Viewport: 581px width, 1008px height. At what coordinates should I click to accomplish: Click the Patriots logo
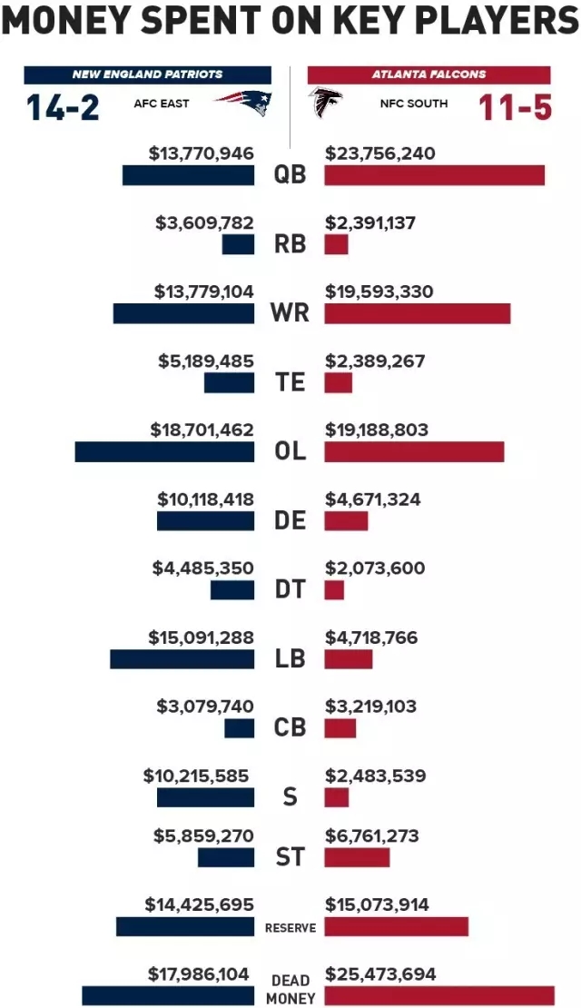coord(243,103)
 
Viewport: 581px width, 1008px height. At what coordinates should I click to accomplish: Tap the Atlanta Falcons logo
coord(325,104)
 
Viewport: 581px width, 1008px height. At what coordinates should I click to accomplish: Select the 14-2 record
coord(63,107)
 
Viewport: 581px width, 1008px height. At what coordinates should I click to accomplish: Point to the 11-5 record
coord(515,107)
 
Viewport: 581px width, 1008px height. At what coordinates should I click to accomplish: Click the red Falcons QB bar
coord(434,175)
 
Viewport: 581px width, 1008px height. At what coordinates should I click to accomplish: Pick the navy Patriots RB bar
coord(238,244)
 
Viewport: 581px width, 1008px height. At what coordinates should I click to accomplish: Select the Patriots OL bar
coord(164,451)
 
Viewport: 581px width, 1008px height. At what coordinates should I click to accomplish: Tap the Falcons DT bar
coord(334,590)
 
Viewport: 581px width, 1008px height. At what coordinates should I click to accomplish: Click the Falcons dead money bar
coord(438,995)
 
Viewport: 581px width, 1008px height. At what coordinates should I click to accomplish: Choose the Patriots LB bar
coord(182,659)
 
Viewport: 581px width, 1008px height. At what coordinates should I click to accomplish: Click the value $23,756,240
coord(379,153)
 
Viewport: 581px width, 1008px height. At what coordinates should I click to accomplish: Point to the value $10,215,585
coord(195,776)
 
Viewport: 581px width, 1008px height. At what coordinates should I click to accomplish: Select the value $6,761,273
coord(372,835)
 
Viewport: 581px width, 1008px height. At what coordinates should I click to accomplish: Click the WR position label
coord(290,313)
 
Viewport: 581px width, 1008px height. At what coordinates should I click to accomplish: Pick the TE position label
coord(290,382)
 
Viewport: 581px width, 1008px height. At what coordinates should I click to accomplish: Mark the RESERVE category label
coord(290,927)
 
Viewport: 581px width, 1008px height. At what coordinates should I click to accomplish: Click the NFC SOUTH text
coord(413,104)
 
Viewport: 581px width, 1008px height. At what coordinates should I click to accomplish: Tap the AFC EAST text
coord(162,104)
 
